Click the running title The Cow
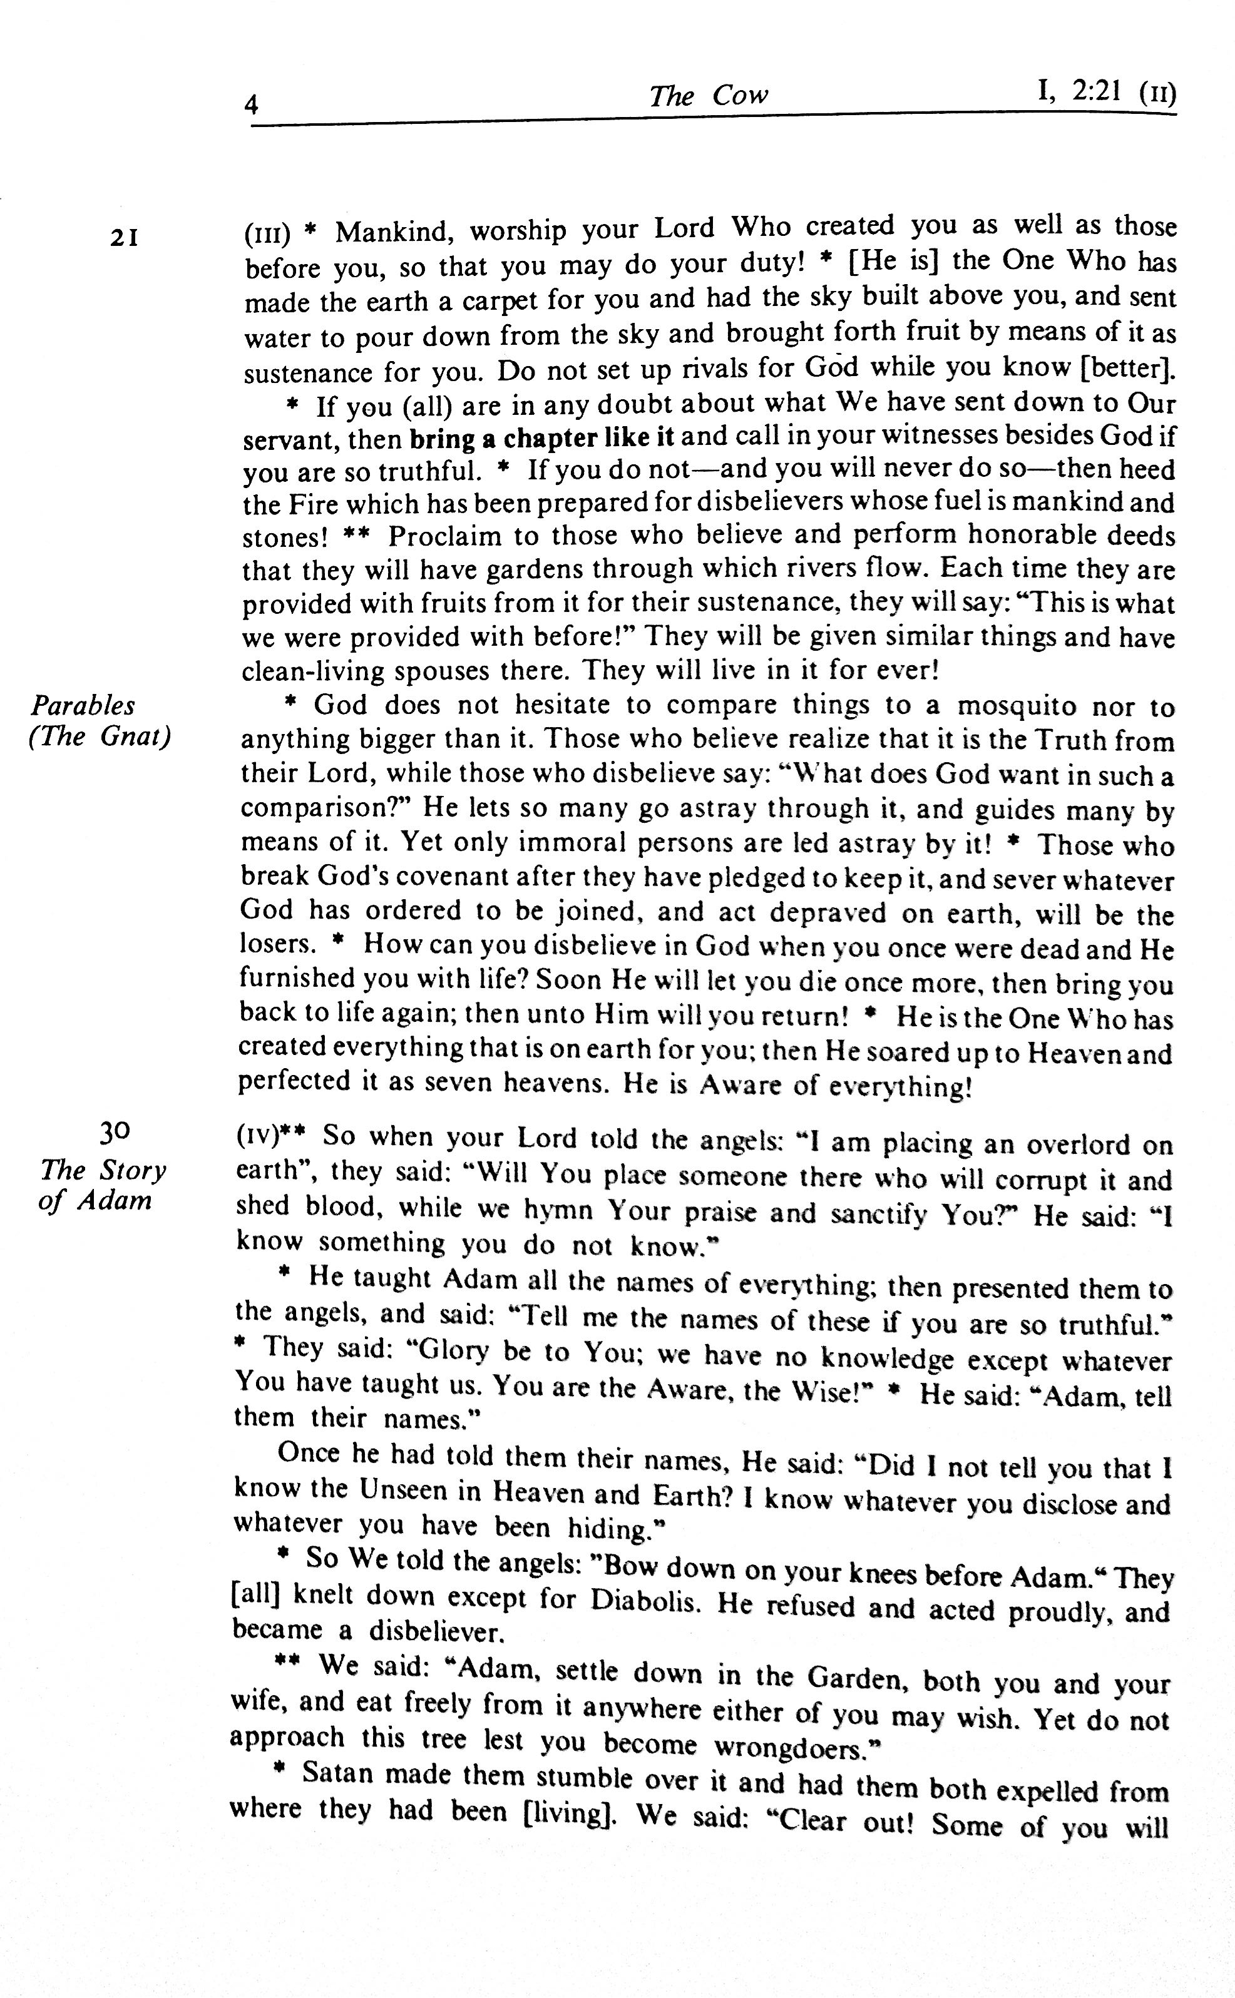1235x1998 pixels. [x=708, y=96]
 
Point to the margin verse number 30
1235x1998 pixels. [x=115, y=1133]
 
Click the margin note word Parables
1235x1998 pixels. [x=83, y=705]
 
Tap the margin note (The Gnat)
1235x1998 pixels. [x=100, y=737]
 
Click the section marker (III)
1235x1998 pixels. [x=267, y=235]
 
